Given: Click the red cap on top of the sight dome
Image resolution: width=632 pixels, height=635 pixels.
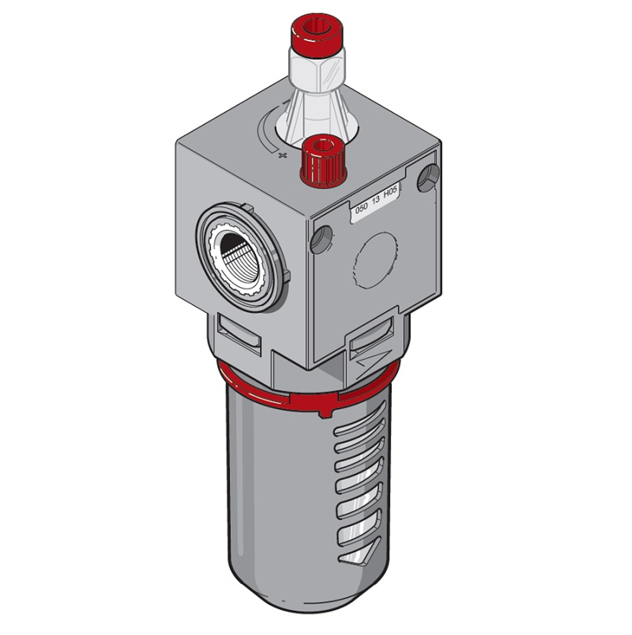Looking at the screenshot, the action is tap(318, 34).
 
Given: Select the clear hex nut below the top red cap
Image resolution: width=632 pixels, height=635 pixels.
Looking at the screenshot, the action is tap(317, 70).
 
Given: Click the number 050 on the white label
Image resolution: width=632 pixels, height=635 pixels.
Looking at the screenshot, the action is tap(361, 207).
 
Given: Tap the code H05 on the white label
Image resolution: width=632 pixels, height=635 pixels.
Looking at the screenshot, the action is tap(391, 192).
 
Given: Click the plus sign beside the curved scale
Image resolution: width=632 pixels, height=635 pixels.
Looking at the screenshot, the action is tap(283, 155).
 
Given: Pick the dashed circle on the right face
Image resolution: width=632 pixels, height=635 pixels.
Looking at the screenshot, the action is tap(375, 261).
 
